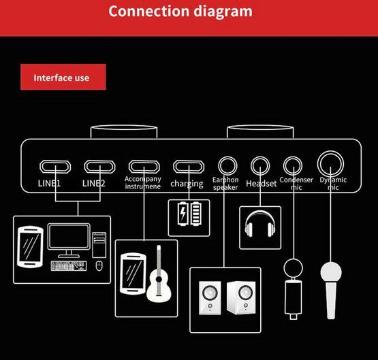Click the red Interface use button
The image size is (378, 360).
(63, 77)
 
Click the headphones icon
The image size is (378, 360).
(260, 224)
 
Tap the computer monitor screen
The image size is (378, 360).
(69, 236)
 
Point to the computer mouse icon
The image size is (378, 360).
(99, 266)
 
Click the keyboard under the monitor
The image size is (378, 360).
(69, 266)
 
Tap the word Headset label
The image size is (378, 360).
(262, 184)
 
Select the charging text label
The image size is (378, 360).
(187, 184)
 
